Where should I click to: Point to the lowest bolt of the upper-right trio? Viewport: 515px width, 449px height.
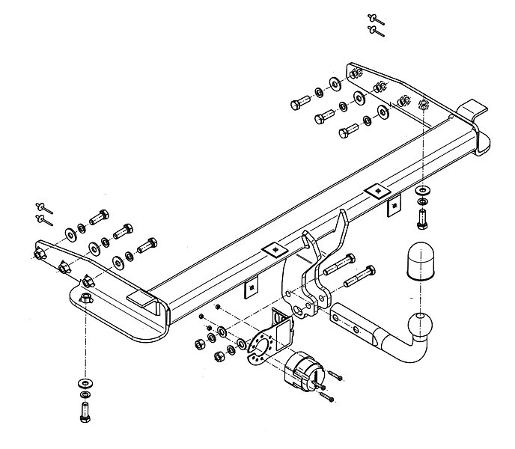pyautogui.click(x=346, y=133)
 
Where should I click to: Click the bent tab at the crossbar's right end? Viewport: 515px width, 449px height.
pyautogui.click(x=472, y=110)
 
